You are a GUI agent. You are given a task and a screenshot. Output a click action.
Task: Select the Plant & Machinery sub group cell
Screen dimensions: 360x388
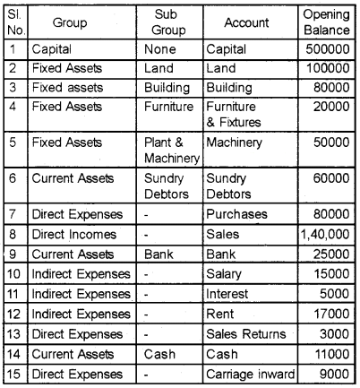[166, 150]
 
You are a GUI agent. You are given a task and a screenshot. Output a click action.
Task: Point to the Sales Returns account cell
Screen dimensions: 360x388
[246, 334]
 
